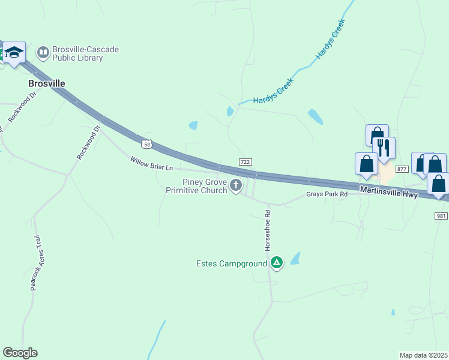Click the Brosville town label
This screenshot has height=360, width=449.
click(x=47, y=83)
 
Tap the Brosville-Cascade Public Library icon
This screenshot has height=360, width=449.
click(x=43, y=53)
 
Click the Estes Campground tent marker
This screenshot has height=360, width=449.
click(x=276, y=263)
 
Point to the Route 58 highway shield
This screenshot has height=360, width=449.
click(x=147, y=144)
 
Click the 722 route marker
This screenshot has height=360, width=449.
click(x=245, y=162)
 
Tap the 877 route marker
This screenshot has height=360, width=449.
click(x=402, y=170)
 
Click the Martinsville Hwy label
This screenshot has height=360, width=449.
click(x=389, y=191)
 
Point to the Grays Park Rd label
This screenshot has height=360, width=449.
click(x=327, y=194)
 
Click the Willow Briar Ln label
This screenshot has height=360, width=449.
click(x=151, y=163)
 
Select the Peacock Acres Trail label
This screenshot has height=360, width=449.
click(x=38, y=263)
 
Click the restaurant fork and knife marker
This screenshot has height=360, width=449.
click(x=383, y=148)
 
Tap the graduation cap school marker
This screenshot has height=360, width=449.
click(x=14, y=52)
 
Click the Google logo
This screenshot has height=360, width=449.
click(x=20, y=353)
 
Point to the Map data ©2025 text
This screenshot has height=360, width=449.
click(x=423, y=355)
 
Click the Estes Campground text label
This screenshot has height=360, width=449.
click(x=231, y=263)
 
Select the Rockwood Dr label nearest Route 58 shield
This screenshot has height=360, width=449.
click(x=88, y=142)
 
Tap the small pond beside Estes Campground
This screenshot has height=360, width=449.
click(x=295, y=259)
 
